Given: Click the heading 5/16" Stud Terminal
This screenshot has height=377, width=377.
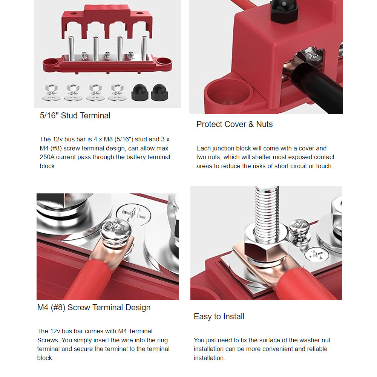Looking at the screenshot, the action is pos(75,116).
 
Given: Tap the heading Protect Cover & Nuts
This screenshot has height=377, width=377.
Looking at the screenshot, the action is pos(234,124).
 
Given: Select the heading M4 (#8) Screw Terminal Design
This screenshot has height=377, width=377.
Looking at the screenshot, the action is pos(94,308).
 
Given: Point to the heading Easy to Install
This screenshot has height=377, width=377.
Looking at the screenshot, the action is pos(219,317).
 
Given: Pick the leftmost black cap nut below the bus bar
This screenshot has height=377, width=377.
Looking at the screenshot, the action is pos(139,92).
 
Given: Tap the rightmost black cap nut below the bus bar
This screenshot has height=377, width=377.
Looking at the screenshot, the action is pos(159,92).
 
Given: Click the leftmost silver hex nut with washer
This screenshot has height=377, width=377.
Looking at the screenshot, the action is pos(51,93).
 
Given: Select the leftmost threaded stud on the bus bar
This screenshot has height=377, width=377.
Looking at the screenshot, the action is pos(71,48).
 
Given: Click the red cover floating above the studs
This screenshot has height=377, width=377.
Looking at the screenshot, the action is pos(107,21).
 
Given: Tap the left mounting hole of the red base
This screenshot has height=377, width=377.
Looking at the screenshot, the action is pos(51,62).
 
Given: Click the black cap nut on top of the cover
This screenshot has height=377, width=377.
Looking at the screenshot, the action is pos(284,11).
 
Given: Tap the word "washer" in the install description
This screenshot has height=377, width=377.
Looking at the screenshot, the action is pos(308,340).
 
